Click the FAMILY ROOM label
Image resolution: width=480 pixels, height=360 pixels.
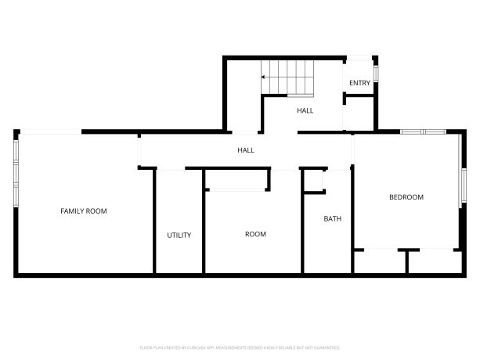[84, 211]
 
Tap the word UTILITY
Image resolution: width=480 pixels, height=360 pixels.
[179, 235]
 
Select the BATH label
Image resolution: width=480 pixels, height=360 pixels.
[332, 218]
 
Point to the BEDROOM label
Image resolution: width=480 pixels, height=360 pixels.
[406, 197]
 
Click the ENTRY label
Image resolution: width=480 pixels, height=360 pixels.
[359, 83]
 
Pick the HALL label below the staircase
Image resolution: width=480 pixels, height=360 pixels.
[305, 110]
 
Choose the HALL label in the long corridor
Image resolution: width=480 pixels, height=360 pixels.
[246, 149]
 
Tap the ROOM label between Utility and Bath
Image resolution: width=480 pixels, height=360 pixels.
[255, 234]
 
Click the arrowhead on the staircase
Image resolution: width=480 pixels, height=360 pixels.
[263, 77]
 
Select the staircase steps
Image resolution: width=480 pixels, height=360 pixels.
[290, 77]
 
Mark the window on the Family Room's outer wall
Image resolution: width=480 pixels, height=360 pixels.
[15, 172]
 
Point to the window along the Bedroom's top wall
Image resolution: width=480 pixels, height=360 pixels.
[423, 131]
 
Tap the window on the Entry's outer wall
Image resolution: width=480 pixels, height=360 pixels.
[376, 72]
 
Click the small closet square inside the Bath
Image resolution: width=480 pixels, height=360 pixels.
[314, 180]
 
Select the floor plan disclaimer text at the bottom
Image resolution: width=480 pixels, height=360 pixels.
[240, 346]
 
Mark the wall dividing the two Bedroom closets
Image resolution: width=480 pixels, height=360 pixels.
[406, 261]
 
